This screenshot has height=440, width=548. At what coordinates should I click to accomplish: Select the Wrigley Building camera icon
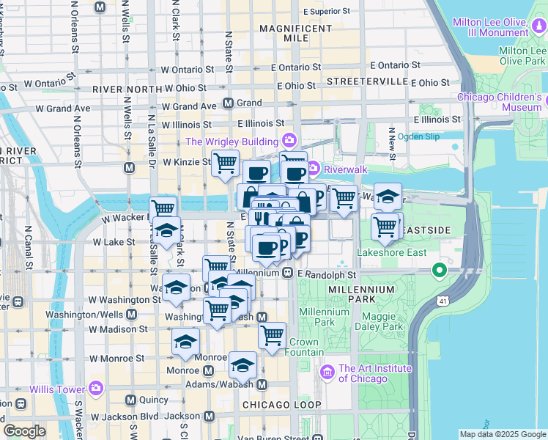point(290,140)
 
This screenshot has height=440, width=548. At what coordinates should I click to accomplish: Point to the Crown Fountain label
point(303,347)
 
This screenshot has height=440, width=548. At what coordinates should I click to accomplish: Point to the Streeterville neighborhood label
point(366,80)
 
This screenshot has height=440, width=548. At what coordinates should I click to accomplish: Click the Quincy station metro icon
point(130,400)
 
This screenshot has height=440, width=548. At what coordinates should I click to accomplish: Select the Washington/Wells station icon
point(131,314)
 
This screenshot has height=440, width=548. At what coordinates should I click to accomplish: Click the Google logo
point(24,431)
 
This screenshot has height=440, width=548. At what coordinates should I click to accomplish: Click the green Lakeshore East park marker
point(440,272)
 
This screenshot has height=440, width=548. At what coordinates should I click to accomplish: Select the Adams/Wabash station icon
point(262,384)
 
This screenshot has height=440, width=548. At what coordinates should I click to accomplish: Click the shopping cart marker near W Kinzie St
point(225,163)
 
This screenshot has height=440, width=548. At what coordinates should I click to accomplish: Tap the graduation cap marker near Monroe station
point(186,342)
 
